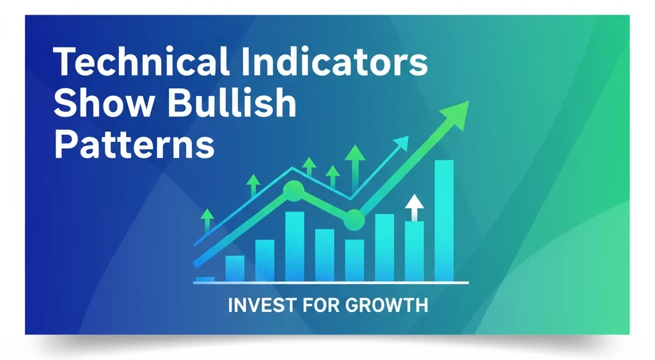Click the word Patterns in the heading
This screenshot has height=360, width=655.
point(134,145)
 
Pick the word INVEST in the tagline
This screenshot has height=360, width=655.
point(255,304)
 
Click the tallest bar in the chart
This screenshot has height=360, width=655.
point(444,221)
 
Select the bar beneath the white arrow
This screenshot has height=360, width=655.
point(414,251)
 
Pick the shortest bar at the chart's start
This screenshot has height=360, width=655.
point(205,279)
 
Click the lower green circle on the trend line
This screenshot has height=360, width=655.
point(354,221)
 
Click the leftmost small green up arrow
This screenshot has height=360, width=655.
point(207,217)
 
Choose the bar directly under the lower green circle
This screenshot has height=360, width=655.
point(354,260)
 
